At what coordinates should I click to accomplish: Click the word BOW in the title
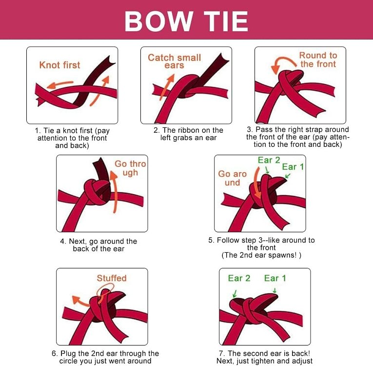[x=158, y=21]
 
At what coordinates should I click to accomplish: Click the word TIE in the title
[x=226, y=21]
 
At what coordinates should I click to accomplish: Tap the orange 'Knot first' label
[x=59, y=65]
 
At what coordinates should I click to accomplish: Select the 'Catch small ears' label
[x=175, y=61]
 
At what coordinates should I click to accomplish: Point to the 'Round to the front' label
[x=318, y=60]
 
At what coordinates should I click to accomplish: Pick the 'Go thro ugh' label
[x=130, y=168]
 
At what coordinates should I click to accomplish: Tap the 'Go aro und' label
[x=232, y=178]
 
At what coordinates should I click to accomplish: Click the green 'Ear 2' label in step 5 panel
[x=269, y=160]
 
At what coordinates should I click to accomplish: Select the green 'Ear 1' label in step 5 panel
[x=293, y=167]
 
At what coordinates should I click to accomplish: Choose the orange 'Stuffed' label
[x=112, y=278]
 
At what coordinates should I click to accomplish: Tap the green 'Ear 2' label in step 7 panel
[x=239, y=278]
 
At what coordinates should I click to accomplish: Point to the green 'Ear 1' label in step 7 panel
[x=275, y=278]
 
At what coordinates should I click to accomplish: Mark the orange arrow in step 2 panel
[x=167, y=87]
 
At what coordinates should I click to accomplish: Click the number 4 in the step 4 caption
[x=62, y=241]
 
